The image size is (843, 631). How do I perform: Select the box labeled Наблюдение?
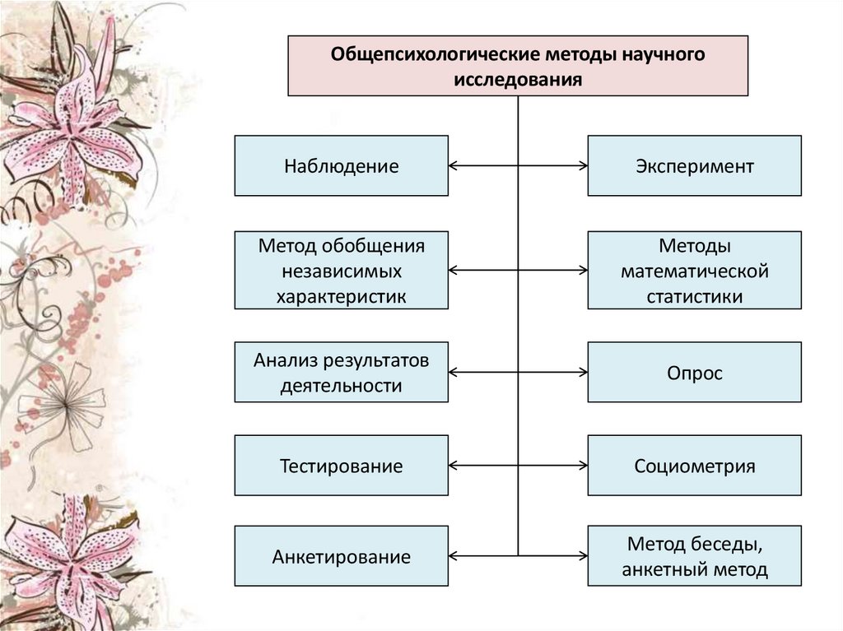click(342, 166)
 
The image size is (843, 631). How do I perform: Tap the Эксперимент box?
click(694, 166)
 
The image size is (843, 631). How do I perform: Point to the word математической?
click(694, 271)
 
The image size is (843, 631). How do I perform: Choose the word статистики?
click(694, 296)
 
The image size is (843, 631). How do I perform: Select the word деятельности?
click(341, 385)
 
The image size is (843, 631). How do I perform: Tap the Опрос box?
click(694, 373)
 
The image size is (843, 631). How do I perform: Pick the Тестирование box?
click(342, 466)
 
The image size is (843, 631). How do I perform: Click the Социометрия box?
click(694, 466)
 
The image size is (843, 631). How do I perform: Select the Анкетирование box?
click(342, 557)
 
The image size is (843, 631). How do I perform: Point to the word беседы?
click(726, 544)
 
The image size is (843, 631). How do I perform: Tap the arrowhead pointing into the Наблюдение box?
click(454, 166)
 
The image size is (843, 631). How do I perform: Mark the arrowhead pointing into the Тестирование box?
click(454, 466)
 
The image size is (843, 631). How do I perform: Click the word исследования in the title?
click(518, 80)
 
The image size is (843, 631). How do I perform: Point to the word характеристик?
click(342, 296)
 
